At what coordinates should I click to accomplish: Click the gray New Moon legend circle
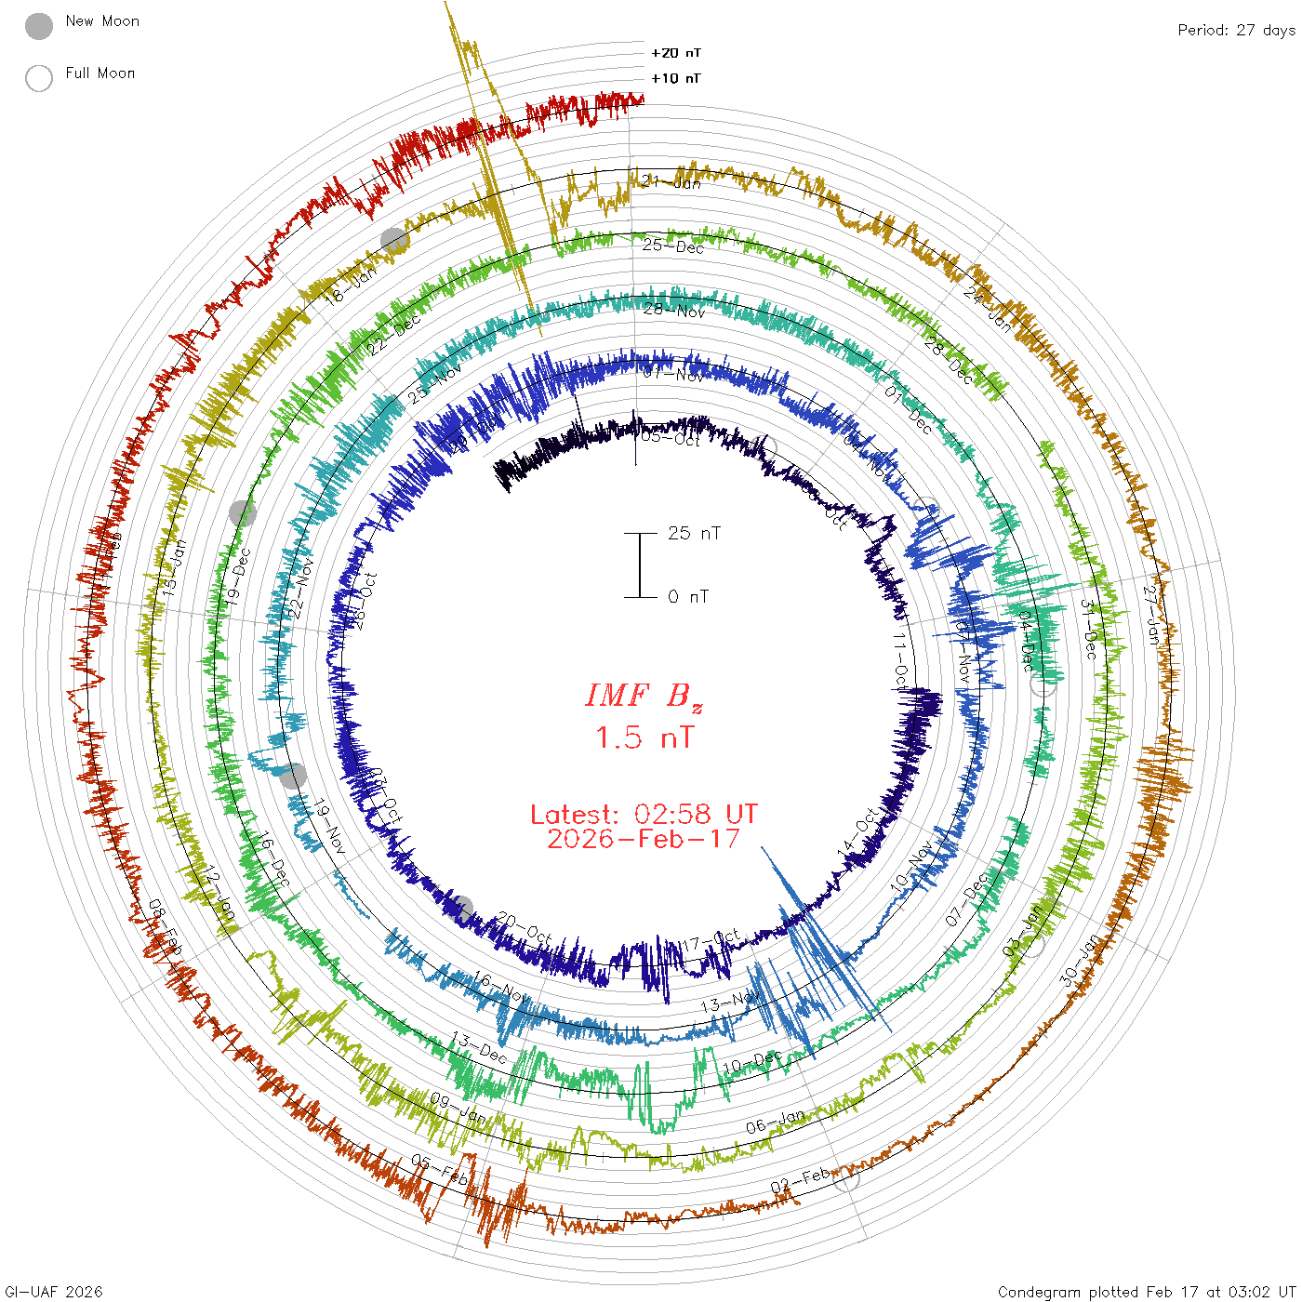pos(39,26)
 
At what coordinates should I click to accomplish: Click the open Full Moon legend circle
pos(39,78)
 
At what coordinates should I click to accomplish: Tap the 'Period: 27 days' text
pos(1236,30)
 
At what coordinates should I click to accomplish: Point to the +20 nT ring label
pos(676,53)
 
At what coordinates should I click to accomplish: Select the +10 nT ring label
pos(676,78)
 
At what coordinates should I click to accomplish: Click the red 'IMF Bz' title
pos(644,697)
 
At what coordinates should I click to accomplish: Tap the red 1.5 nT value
pos(644,738)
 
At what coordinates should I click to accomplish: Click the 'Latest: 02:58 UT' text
pos(644,815)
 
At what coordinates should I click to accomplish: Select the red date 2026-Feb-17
pos(644,839)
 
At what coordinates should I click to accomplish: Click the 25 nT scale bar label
pos(694,533)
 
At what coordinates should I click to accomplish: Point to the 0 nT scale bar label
pos(688,597)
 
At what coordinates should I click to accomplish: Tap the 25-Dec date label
pos(673,246)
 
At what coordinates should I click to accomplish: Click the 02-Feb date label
pos(800,1181)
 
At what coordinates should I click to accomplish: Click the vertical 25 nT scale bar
pos(640,565)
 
